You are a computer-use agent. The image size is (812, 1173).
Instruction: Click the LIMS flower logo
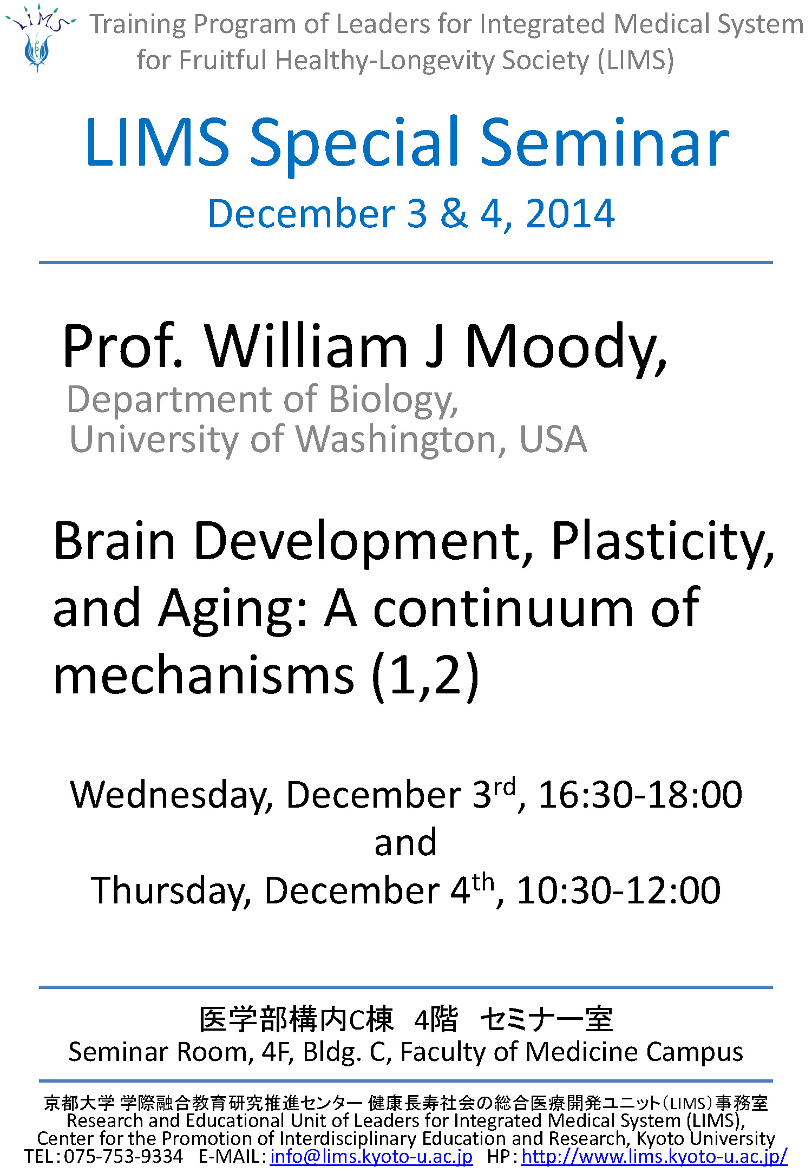(39, 38)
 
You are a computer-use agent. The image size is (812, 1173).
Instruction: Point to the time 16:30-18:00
(640, 795)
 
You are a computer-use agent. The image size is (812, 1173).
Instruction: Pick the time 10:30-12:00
(618, 890)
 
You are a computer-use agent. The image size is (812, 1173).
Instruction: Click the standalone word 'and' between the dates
(405, 843)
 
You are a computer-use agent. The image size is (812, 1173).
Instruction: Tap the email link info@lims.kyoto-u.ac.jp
(371, 1156)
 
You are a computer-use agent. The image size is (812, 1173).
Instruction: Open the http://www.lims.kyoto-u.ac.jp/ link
(654, 1156)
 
